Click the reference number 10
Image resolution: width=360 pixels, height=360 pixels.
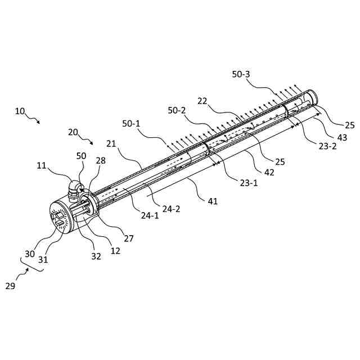[20, 111]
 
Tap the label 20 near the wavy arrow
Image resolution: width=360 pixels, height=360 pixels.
[73, 132]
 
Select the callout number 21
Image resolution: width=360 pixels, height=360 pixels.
[110, 143]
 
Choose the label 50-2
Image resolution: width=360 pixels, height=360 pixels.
[177, 111]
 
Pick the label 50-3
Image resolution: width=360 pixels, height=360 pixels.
[242, 74]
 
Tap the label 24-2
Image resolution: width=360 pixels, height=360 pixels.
[171, 208]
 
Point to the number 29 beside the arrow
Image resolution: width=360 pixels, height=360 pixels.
[10, 286]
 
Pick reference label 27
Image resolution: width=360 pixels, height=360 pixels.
[129, 238]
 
